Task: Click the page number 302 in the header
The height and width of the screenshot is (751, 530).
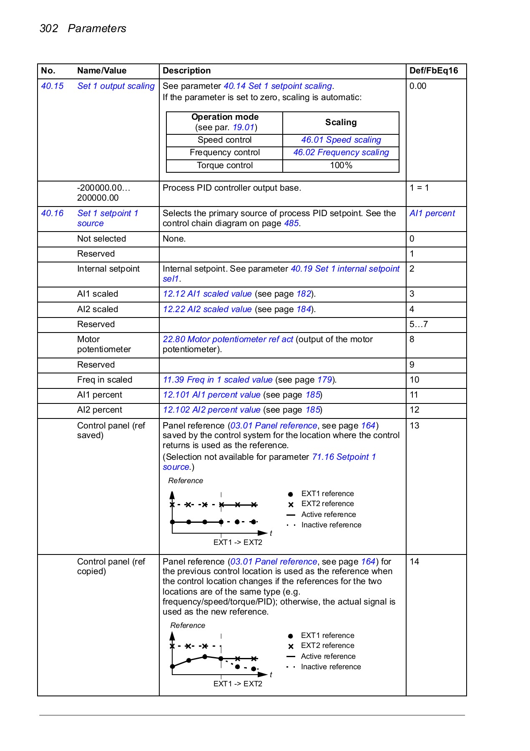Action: pos(49,28)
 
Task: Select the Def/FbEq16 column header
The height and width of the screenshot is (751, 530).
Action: pos(433,71)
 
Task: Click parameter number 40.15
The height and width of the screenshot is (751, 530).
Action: pos(52,86)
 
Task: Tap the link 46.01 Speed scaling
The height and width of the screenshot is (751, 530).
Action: pos(341,140)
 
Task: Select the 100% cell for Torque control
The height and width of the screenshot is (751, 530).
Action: pos(341,165)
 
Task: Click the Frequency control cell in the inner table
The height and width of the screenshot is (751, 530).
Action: pos(224,152)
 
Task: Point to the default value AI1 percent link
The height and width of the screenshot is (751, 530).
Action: pos(432,213)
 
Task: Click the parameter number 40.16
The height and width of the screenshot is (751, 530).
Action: pos(52,213)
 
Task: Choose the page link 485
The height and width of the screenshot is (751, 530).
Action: pos(291,223)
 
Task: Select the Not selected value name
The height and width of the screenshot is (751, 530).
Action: pos(101,239)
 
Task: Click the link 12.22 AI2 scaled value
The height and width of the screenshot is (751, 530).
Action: pos(207,309)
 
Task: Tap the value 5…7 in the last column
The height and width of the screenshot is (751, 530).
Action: pos(418,324)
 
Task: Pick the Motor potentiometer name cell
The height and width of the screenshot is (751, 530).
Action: pos(104,344)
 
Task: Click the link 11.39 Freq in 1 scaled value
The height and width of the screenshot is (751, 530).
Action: pos(217,380)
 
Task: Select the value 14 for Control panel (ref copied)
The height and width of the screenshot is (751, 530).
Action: pos(414,562)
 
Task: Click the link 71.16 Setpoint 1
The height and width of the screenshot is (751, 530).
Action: pos(344,457)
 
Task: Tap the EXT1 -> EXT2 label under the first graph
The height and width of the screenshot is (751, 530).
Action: pos(238,542)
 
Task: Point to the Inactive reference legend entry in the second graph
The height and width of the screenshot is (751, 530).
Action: pos(331,667)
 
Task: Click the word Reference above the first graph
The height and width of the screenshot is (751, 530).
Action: pos(186,481)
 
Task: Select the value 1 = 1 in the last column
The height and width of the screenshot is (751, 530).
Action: pos(419,188)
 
